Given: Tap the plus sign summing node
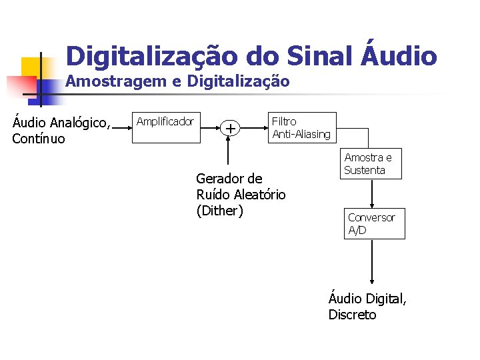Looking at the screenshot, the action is (230, 128).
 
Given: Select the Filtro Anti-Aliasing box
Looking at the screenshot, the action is (301, 128).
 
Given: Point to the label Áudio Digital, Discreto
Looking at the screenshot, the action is (367, 307).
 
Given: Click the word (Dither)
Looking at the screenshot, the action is (220, 211).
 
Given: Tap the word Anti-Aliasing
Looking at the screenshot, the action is (301, 135).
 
